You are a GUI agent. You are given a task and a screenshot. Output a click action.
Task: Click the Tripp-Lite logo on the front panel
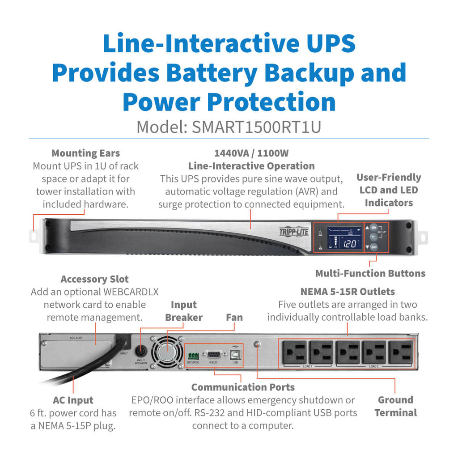click(293, 232)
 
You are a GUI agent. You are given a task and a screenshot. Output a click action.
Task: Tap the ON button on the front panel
click(374, 227)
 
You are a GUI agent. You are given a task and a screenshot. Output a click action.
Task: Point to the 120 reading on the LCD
click(349, 244)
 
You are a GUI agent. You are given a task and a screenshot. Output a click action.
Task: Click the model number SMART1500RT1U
click(256, 127)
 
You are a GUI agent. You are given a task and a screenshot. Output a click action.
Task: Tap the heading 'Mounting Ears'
click(85, 153)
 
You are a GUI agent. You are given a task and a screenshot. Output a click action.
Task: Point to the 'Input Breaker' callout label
click(183, 311)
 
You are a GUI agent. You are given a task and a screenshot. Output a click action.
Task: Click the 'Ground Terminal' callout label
click(395, 406)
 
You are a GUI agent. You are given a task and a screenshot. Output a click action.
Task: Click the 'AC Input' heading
click(73, 400)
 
